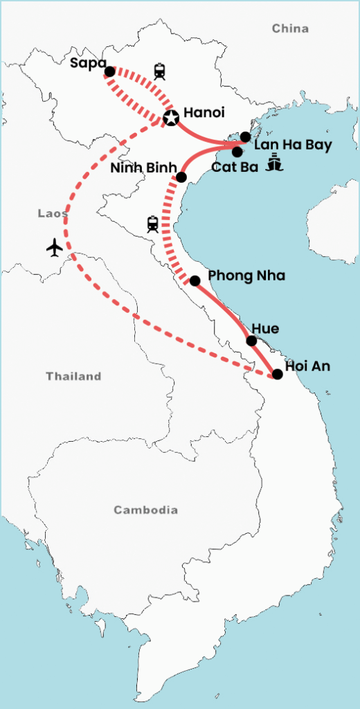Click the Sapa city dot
tap(109, 71)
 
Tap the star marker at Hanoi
tap(170, 118)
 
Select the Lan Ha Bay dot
tap(245, 136)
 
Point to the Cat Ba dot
tap(237, 152)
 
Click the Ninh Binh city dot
tap(181, 177)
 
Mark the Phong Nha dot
tap(195, 280)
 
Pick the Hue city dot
tap(252, 341)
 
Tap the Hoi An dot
tap(278, 374)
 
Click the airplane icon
tap(55, 247)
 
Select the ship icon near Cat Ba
tap(276, 163)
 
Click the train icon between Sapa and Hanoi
tap(161, 71)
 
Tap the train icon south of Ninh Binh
tap(153, 224)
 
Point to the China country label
tap(290, 28)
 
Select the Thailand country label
tap(73, 377)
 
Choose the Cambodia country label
tap(145, 510)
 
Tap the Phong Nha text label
tap(237, 276)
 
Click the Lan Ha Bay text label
tap(293, 145)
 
